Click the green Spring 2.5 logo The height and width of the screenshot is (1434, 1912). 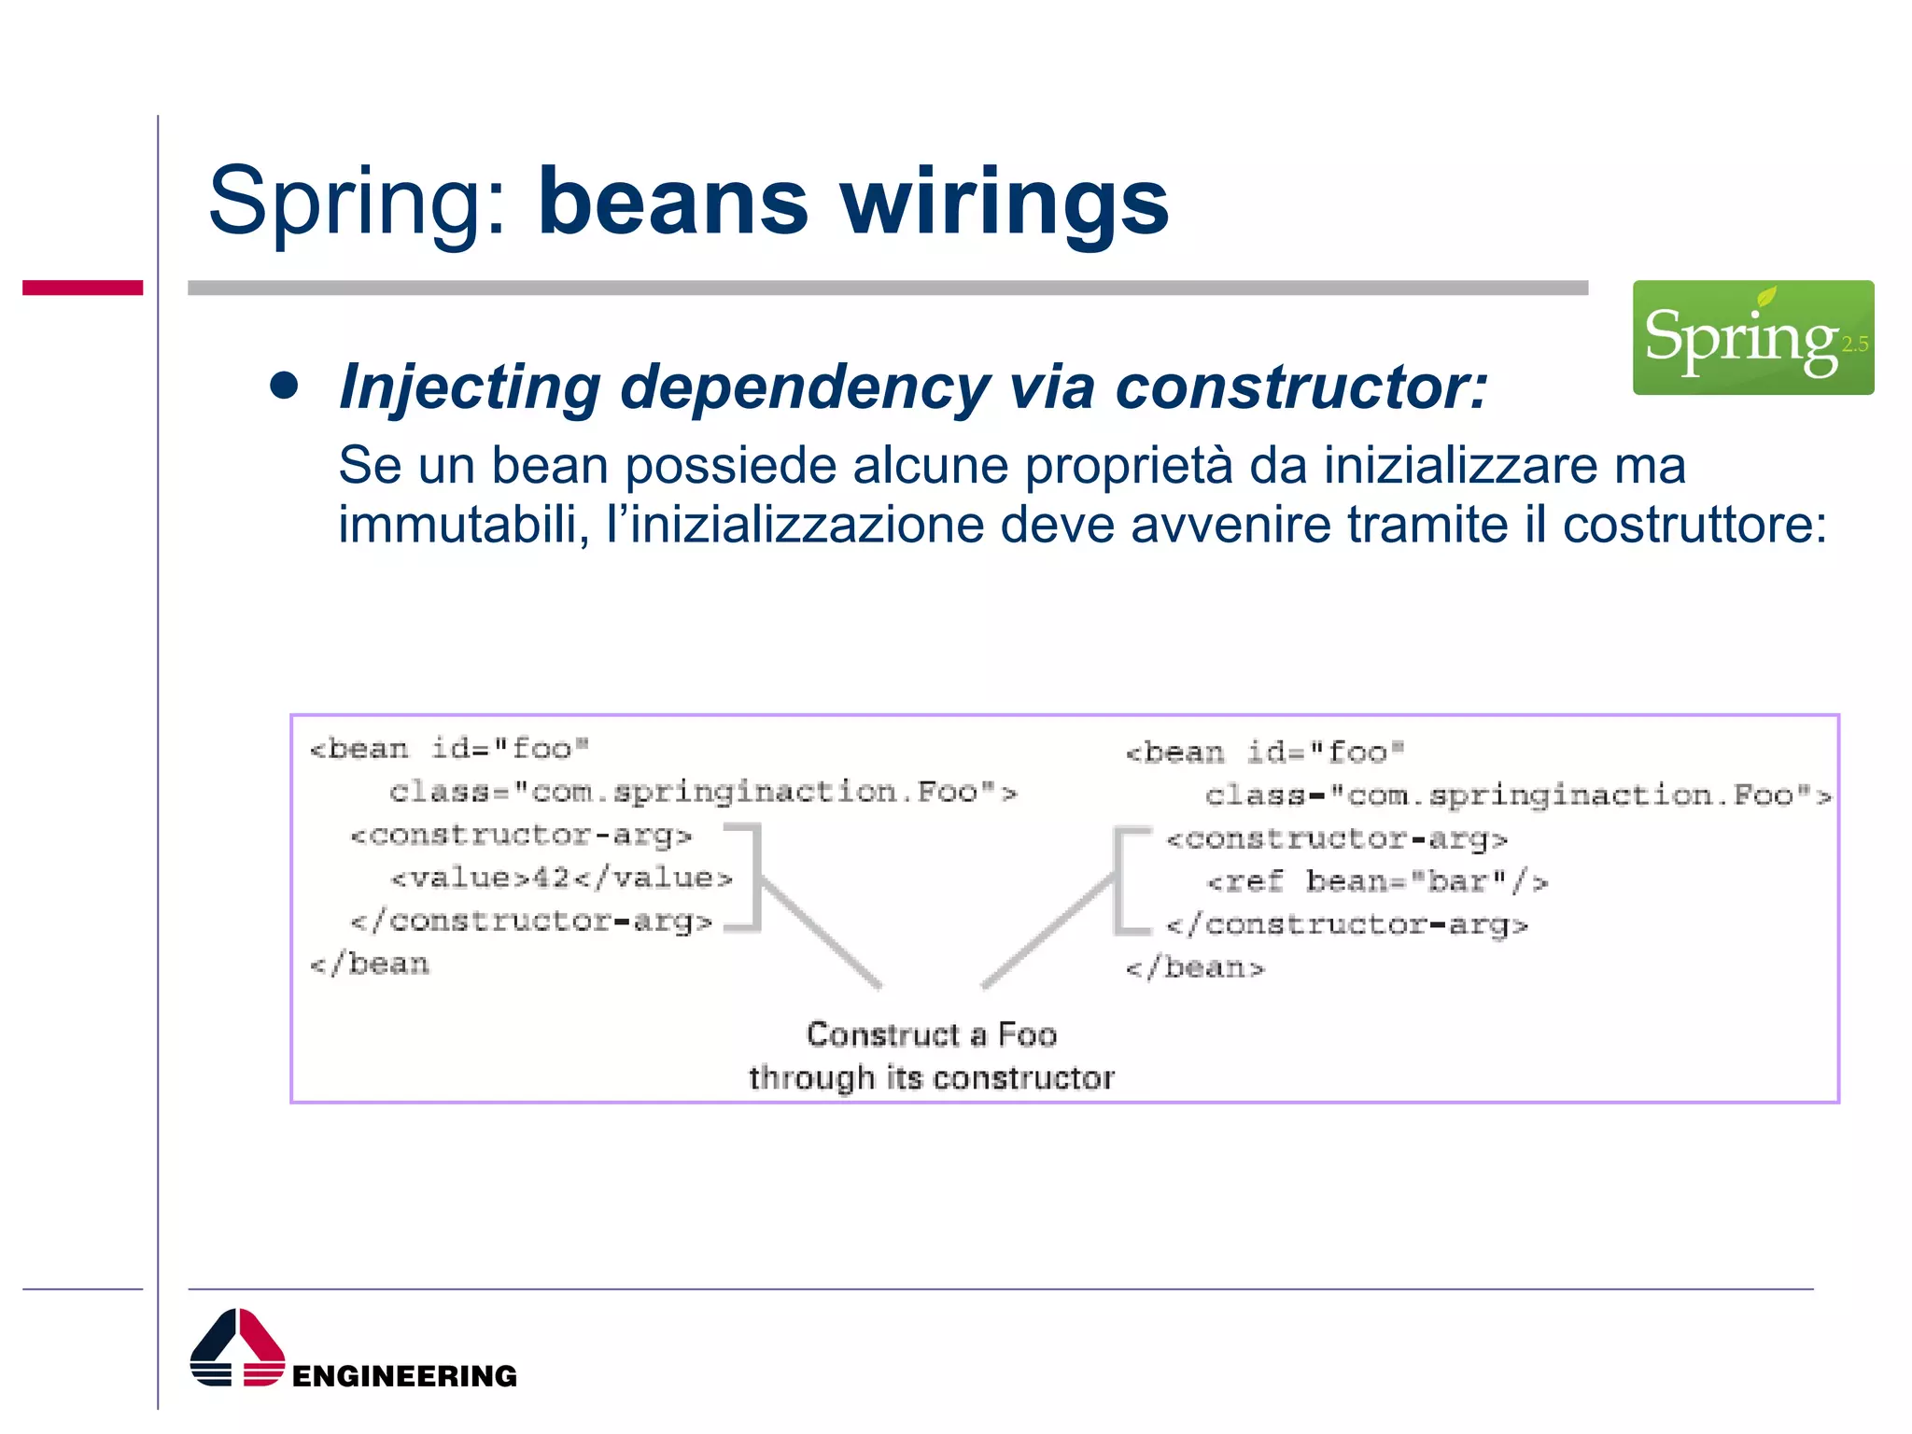click(1752, 337)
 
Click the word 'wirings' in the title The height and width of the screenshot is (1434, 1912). click(1004, 202)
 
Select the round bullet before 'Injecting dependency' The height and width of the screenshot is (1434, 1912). click(284, 386)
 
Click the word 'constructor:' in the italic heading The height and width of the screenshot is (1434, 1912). click(1301, 387)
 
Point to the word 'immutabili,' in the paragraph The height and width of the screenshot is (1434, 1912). click(463, 525)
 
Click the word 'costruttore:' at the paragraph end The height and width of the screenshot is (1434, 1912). click(1694, 525)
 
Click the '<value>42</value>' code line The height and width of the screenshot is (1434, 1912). click(561, 878)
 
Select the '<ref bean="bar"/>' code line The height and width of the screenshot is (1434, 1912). click(1377, 881)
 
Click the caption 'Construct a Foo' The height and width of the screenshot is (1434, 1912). click(931, 1034)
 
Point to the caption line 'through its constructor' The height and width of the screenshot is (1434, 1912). click(931, 1078)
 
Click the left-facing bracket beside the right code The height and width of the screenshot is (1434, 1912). click(1125, 880)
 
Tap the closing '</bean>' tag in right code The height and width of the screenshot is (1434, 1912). click(1194, 968)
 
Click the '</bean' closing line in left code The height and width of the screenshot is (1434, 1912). click(370, 963)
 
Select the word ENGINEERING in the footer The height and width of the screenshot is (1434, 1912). click(404, 1375)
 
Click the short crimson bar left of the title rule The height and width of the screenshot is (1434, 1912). click(82, 288)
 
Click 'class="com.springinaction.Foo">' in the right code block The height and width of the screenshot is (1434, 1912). click(1517, 795)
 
